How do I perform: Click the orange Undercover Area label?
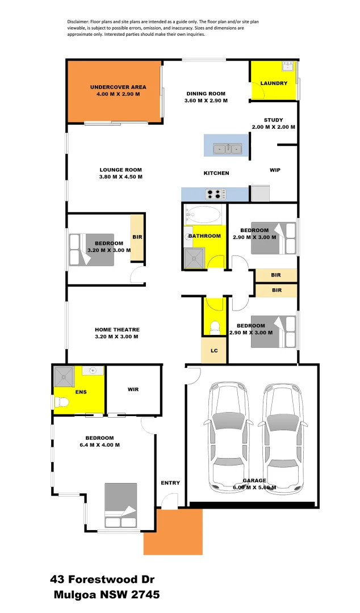point(118,87)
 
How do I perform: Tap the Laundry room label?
point(274,83)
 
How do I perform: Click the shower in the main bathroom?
point(195,258)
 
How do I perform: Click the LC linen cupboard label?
point(214,351)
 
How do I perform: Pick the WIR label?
point(133,389)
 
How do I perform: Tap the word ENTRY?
point(170,483)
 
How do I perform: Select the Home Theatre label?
point(117,330)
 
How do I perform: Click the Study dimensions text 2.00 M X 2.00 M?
point(273,127)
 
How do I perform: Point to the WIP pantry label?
point(275,170)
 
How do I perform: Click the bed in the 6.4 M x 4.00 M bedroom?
point(121,505)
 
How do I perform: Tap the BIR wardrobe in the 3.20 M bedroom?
point(137,237)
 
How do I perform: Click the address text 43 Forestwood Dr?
point(102,580)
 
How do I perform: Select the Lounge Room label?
point(120,170)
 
